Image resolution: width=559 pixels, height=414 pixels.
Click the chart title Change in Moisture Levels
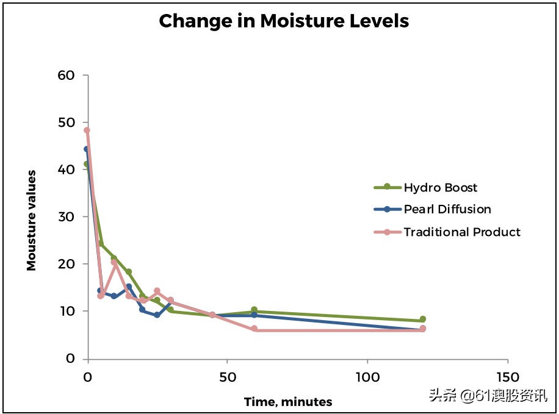[x=284, y=21]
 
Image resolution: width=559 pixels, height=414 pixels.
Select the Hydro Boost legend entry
[x=440, y=187]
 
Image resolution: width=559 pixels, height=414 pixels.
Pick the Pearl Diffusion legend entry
[x=447, y=209]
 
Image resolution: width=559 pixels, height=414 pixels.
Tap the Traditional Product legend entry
[x=462, y=232]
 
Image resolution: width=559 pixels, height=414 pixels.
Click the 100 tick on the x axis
[x=368, y=377]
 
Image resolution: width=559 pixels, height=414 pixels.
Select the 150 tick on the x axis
[x=508, y=377]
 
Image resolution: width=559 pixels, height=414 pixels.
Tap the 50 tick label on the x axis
[x=228, y=377]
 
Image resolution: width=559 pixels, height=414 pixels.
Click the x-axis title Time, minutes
[x=288, y=402]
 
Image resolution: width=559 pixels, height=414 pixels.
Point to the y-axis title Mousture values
[x=31, y=220]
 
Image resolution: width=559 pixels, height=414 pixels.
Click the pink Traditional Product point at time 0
[x=87, y=130]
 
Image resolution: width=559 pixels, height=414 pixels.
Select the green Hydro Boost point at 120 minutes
[x=422, y=319]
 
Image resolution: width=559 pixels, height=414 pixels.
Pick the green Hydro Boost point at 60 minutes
[x=254, y=310]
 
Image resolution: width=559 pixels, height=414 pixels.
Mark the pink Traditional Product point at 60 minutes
[x=254, y=329]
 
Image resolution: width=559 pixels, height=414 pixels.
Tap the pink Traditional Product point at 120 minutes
[x=423, y=329]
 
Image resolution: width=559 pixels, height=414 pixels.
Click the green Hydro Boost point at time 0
[x=87, y=164]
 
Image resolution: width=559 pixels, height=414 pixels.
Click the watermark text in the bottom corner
[x=488, y=396]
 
